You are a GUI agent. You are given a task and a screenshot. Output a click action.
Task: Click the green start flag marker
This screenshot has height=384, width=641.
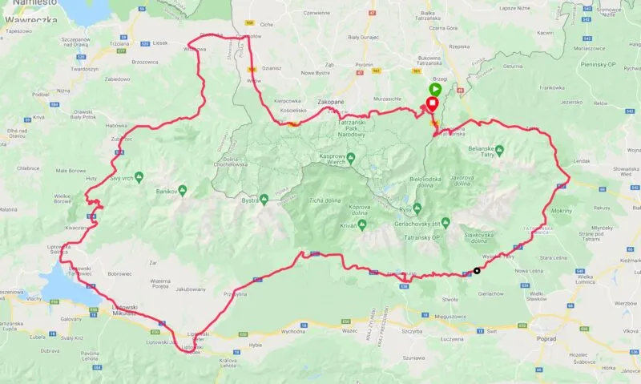434,89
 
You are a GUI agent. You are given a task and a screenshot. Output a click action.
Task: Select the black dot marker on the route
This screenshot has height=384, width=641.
478,270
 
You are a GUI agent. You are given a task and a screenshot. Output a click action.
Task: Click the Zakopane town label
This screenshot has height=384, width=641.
331,103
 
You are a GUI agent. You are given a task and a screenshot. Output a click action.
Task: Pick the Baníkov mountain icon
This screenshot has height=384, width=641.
183,190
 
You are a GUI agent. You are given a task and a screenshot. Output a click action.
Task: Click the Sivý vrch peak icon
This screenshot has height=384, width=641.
139,176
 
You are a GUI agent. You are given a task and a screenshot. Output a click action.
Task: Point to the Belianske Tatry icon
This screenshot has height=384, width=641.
498,149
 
